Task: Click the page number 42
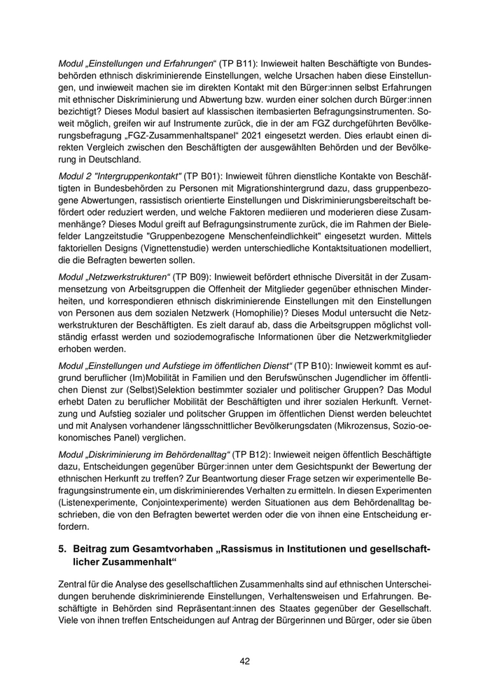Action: coord(244,661)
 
